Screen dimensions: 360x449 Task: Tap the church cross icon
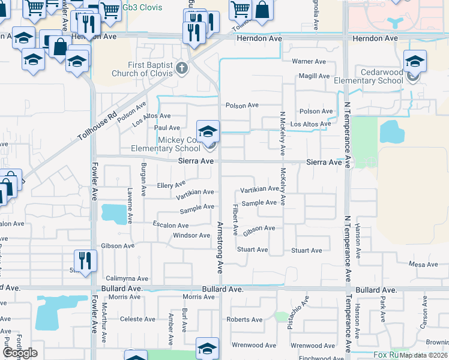(x=182, y=67)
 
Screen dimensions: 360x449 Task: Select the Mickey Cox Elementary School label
(x=179, y=144)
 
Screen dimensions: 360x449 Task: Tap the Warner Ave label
(x=309, y=62)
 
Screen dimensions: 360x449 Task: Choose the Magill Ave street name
(x=315, y=76)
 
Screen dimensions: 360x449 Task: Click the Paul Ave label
(x=167, y=128)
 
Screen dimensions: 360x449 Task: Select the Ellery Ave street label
(x=172, y=185)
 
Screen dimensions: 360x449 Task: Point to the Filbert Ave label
(x=236, y=219)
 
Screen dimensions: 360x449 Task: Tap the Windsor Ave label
(x=191, y=235)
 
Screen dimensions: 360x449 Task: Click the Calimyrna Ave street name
(x=127, y=278)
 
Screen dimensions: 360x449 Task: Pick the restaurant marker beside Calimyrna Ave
(x=85, y=260)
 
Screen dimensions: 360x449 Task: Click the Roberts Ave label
(x=244, y=320)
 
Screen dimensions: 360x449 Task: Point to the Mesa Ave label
(x=423, y=265)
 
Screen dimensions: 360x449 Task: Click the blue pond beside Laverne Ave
(x=110, y=212)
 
